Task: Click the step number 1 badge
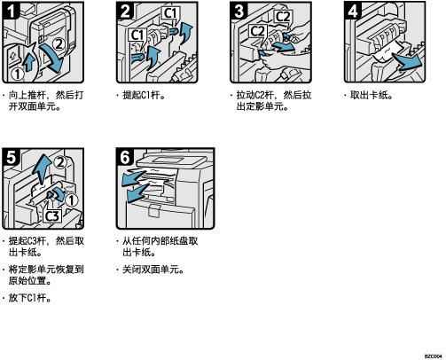click(x=11, y=11)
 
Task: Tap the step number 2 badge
click(x=125, y=11)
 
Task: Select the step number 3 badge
click(x=239, y=11)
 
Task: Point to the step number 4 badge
click(x=353, y=11)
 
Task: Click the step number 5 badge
click(x=11, y=157)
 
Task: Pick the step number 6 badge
click(x=125, y=157)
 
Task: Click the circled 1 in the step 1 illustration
click(x=18, y=74)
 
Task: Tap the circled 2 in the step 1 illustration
click(x=59, y=44)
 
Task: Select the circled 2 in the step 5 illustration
click(x=60, y=162)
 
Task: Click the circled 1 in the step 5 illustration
click(x=71, y=200)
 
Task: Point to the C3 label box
click(x=52, y=216)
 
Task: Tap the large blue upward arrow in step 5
click(x=43, y=168)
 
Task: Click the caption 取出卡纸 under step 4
click(x=369, y=96)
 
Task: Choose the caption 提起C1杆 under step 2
click(x=142, y=96)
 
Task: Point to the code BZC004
click(x=433, y=356)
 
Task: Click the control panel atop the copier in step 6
click(x=170, y=161)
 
